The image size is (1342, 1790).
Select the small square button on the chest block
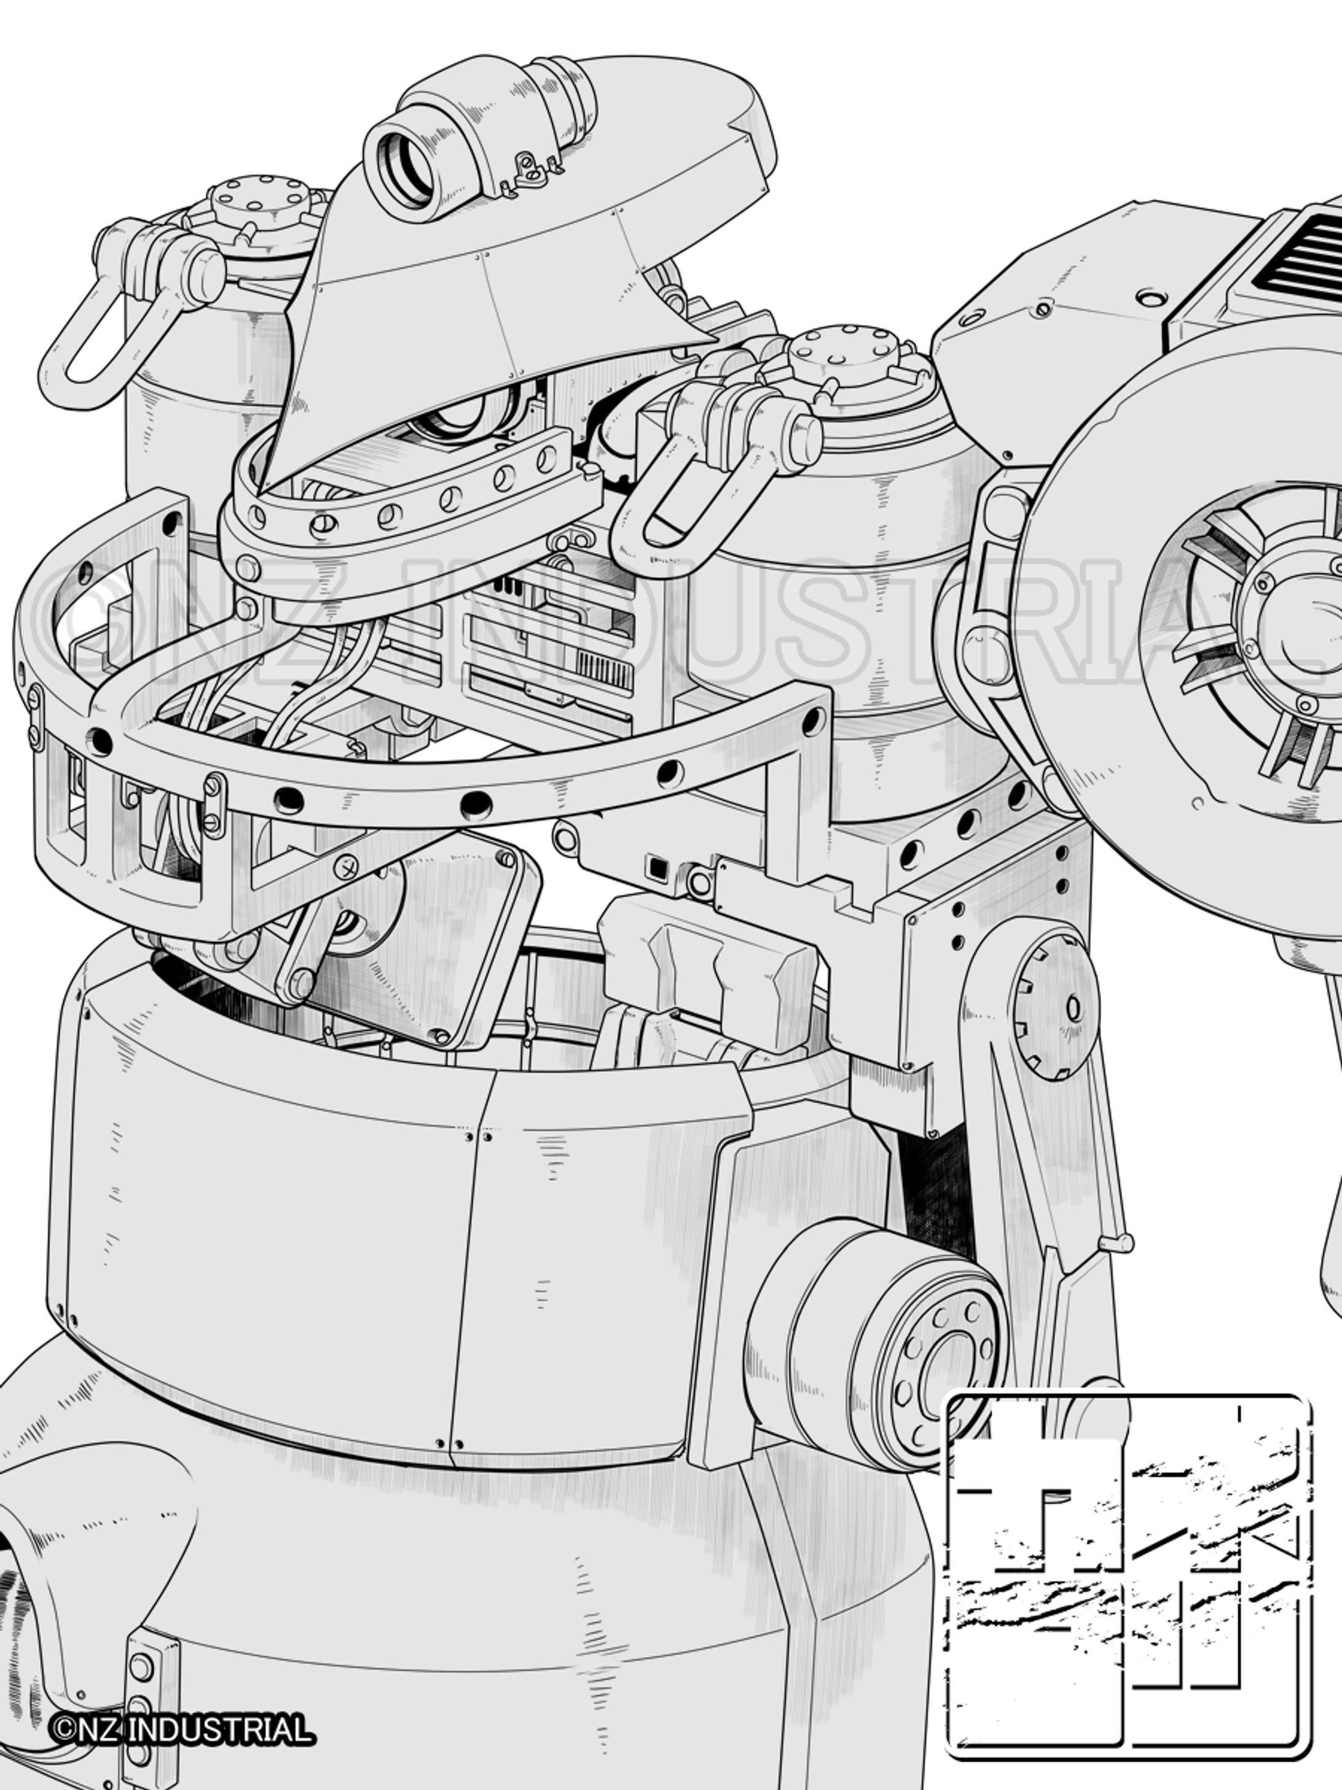pos(656,867)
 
